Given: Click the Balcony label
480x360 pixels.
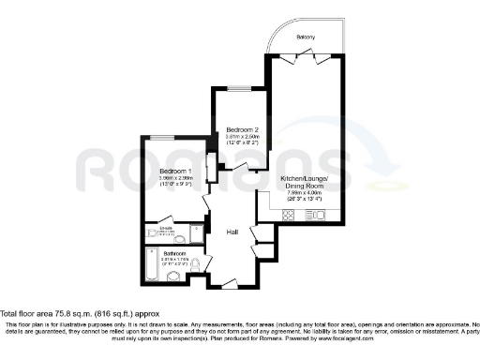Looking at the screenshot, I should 306,37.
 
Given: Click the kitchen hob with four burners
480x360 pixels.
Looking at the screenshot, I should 289,216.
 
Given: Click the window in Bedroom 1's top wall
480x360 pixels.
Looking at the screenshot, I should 163,139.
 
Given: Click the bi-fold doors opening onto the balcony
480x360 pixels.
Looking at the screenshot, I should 307,55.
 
